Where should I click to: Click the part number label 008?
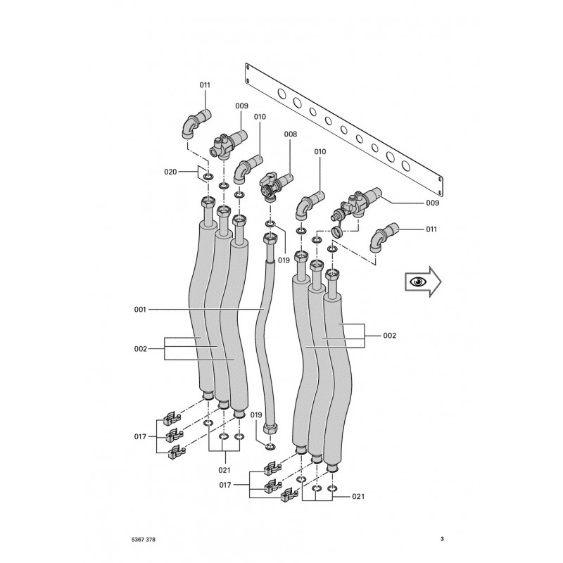click(x=291, y=134)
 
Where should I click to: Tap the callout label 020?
click(x=170, y=172)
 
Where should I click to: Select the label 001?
click(x=140, y=309)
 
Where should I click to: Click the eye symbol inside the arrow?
click(x=417, y=281)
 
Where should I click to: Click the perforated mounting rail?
click(x=343, y=130)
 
